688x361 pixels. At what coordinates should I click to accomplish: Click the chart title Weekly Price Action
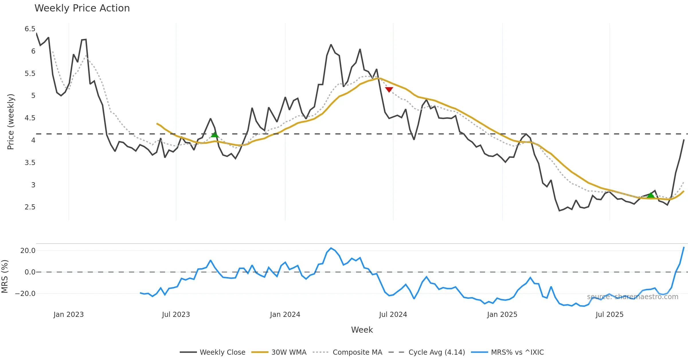pos(82,8)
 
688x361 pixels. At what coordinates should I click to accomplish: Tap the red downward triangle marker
pos(389,90)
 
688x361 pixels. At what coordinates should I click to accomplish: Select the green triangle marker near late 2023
pos(215,134)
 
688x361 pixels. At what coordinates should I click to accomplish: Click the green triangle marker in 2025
pos(651,195)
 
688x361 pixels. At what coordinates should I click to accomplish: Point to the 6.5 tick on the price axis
pos(30,29)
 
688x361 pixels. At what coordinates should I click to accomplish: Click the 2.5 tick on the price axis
pos(30,207)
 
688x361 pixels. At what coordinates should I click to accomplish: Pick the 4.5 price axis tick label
pos(30,118)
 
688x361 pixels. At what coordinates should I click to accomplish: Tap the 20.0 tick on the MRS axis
pos(28,251)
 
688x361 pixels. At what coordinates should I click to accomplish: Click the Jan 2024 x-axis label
pos(285,315)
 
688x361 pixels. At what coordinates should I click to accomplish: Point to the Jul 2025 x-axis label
pos(609,315)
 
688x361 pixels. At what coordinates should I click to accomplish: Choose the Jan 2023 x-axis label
pos(69,315)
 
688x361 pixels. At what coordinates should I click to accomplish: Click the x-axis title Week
pos(362,330)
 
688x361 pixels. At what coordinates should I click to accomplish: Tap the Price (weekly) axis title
pos(11,122)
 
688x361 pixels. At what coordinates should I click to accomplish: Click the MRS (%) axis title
pos(5,276)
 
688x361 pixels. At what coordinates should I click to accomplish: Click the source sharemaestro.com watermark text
pos(633,297)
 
